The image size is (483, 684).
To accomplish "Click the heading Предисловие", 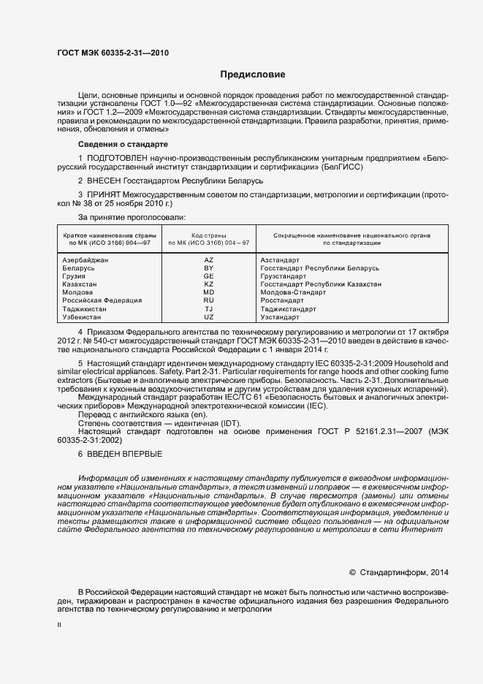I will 253,75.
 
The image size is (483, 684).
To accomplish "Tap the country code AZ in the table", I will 209,260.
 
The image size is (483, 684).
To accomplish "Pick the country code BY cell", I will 209,268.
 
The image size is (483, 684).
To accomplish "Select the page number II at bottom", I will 59,626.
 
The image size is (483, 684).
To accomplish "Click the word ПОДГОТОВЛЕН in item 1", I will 118,158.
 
